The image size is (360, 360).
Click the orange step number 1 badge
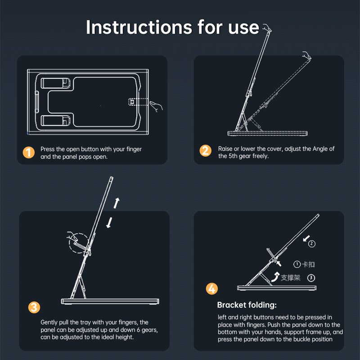(x=29, y=153)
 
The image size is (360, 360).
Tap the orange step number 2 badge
(x=205, y=151)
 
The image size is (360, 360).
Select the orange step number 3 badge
(x=34, y=307)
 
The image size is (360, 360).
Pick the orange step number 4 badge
(x=211, y=288)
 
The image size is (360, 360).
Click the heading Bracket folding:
(x=247, y=305)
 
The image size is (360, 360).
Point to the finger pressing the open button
(x=156, y=106)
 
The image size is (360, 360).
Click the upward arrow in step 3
(x=117, y=203)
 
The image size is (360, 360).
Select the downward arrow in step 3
(x=109, y=222)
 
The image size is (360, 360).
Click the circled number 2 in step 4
(x=311, y=243)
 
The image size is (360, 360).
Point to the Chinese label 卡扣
(x=308, y=264)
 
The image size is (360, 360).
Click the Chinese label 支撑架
(x=290, y=278)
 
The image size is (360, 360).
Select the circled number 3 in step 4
(x=311, y=278)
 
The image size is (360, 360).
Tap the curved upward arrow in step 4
(x=275, y=277)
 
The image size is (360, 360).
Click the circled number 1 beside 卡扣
(x=297, y=264)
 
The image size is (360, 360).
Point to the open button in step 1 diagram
(x=131, y=102)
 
